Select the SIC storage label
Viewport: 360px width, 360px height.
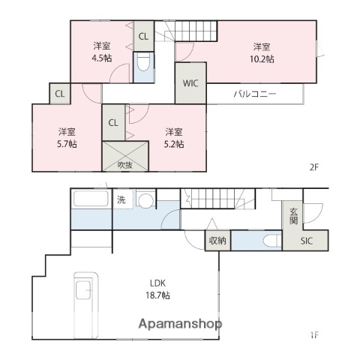tap(307, 241)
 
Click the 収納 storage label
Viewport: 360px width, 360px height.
tap(217, 241)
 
